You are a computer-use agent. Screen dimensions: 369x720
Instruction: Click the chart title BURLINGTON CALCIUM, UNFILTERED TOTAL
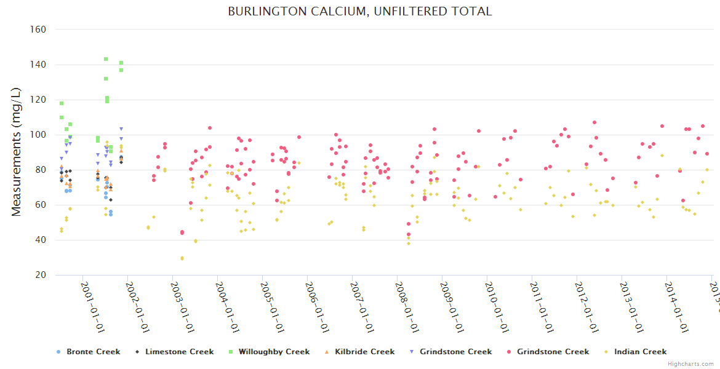click(360, 12)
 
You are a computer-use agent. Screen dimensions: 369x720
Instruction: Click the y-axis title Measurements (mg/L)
click(17, 153)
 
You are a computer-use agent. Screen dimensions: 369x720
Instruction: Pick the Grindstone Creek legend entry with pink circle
click(553, 352)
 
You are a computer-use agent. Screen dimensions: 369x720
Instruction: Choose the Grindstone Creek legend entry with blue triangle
click(455, 352)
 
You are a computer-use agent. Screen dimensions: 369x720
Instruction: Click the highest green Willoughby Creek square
click(106, 59)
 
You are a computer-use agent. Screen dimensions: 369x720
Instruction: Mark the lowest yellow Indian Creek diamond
click(182, 258)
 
